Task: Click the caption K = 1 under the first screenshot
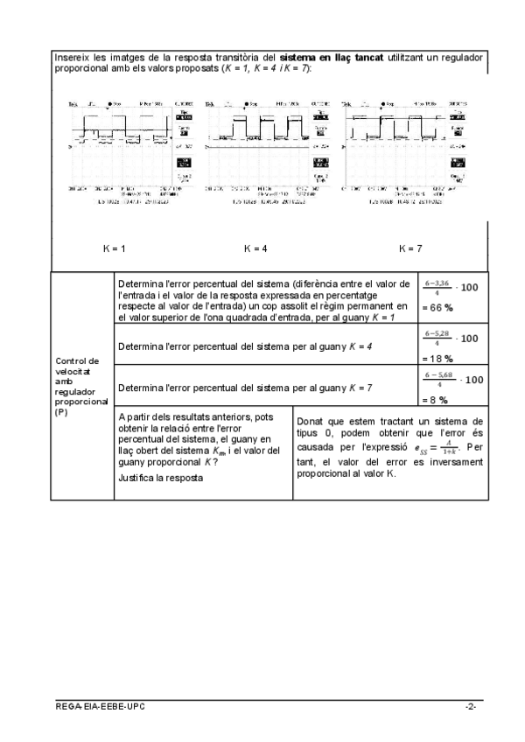[x=114, y=248]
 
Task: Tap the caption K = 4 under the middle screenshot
[x=255, y=248]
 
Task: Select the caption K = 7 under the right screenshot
[x=410, y=248]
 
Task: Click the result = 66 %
[x=437, y=308]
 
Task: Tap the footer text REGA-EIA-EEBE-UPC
[x=96, y=705]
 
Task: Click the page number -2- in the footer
[x=471, y=705]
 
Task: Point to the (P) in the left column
[x=60, y=410]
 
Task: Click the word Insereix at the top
[x=71, y=57]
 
